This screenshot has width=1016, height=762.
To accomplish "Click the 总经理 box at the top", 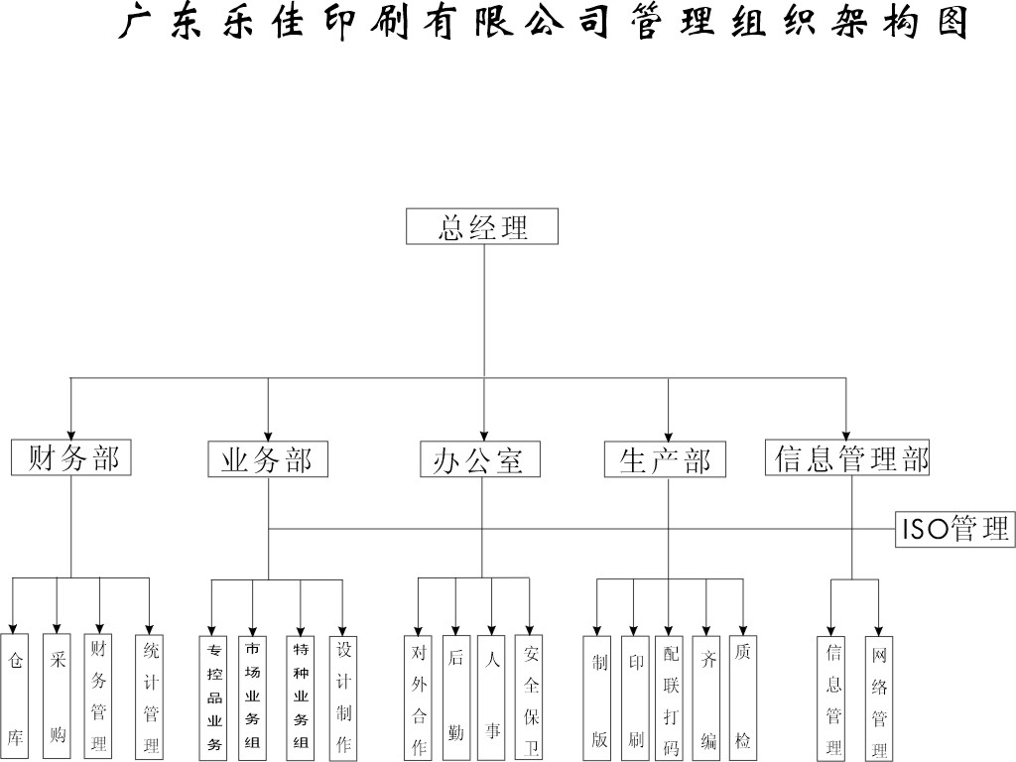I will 482,226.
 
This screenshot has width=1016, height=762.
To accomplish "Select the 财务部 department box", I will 71,457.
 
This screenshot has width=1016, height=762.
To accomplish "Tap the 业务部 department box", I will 267,459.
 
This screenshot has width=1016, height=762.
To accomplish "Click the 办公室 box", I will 480,459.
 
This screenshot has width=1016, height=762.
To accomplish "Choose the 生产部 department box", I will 666,459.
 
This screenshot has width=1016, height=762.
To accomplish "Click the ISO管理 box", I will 954,528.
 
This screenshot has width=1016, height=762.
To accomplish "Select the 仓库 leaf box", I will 14,696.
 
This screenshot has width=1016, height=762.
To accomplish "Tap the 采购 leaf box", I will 57,696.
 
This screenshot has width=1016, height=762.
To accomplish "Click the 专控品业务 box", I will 213,697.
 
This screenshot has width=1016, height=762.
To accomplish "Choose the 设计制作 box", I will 343,697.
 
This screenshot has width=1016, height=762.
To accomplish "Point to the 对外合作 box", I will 419,698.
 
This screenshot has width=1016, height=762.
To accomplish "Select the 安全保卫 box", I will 531,698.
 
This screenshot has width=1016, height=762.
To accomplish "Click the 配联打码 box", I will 671,698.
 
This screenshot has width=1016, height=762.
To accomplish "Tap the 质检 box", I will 742,698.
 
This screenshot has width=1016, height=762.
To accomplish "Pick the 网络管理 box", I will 879,698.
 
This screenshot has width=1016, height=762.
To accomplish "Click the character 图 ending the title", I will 951,22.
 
